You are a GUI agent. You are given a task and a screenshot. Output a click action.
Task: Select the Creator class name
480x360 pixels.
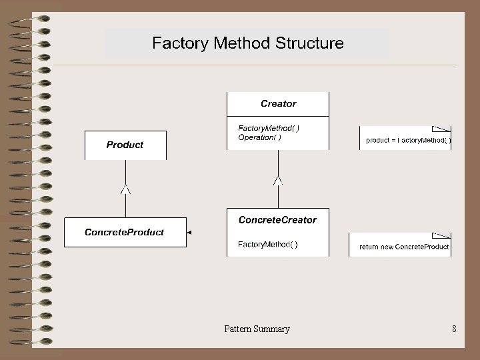click(x=278, y=104)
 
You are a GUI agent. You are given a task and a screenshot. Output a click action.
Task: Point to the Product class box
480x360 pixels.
click(x=125, y=145)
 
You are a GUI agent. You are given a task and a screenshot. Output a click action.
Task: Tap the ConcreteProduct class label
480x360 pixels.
click(x=124, y=232)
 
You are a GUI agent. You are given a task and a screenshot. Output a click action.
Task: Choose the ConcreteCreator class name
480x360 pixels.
click(x=277, y=220)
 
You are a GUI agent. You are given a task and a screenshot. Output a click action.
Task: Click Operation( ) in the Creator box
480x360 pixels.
click(x=259, y=138)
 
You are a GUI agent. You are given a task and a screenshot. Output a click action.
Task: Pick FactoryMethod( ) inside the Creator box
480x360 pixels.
click(x=269, y=128)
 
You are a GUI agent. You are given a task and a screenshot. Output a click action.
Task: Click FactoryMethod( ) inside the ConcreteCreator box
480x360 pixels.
click(x=268, y=245)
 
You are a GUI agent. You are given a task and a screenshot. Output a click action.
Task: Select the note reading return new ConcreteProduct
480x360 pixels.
click(x=403, y=247)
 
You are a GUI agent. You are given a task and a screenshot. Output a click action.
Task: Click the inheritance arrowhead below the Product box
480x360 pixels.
click(x=125, y=191)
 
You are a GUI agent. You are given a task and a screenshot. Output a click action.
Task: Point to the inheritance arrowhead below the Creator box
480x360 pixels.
click(x=278, y=180)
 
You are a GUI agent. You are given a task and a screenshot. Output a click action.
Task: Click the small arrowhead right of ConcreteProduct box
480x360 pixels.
click(x=189, y=233)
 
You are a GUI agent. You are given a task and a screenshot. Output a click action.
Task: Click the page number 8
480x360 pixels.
click(x=454, y=329)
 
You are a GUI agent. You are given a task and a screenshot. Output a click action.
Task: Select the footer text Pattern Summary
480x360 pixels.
click(x=257, y=329)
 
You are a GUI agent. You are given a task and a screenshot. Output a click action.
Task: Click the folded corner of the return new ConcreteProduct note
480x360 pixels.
click(x=441, y=235)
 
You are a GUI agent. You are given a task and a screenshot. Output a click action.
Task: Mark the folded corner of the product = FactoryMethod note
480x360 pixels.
click(x=441, y=129)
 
